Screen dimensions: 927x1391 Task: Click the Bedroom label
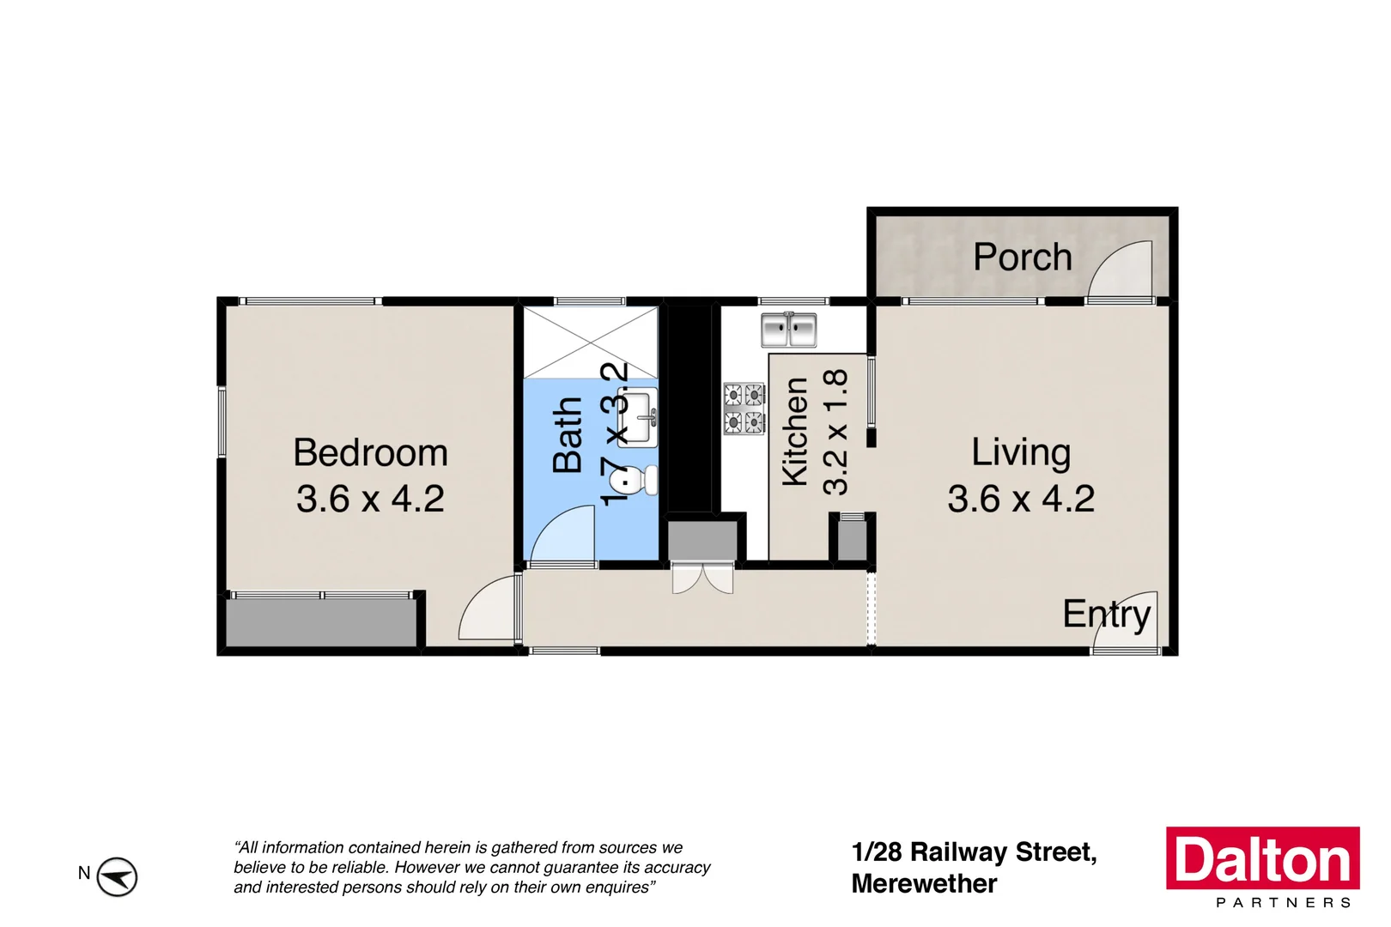[370, 452]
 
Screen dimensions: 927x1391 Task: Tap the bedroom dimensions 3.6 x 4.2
[370, 499]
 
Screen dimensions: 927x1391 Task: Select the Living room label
[1021, 452]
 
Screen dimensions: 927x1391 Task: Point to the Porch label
[1022, 257]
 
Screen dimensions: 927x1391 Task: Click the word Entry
[1106, 615]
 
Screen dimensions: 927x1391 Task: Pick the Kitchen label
[795, 432]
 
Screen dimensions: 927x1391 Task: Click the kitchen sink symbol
[788, 330]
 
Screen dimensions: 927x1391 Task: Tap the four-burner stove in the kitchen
[744, 409]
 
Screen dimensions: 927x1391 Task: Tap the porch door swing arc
[1121, 270]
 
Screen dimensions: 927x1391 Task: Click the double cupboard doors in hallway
[702, 579]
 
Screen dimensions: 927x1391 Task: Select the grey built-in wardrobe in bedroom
[321, 621]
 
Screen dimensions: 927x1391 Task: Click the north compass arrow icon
[116, 876]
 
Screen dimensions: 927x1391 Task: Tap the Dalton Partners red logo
[1262, 859]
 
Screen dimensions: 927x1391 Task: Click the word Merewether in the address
[924, 883]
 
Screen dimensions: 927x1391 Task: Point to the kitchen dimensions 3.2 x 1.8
[835, 432]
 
